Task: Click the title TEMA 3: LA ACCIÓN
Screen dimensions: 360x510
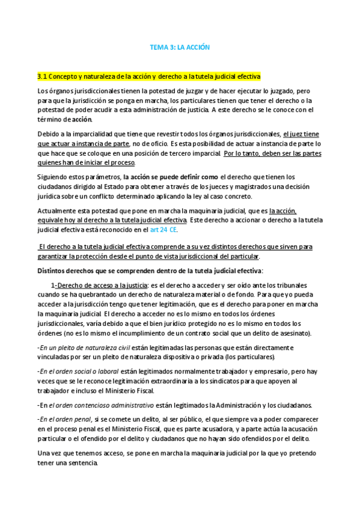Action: coord(180,47)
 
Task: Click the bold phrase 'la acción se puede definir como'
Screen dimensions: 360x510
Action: coord(170,177)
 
